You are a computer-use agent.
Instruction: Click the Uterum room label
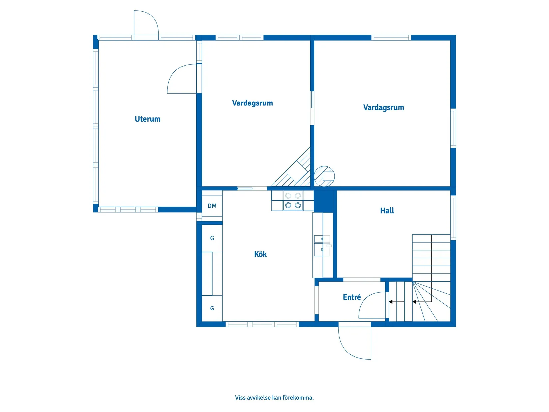pyautogui.click(x=147, y=119)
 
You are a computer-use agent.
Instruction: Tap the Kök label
pyautogui.click(x=260, y=254)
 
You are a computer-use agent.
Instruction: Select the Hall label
pyautogui.click(x=387, y=211)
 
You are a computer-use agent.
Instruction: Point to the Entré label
pyautogui.click(x=352, y=297)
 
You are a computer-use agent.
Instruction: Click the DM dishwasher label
pyautogui.click(x=212, y=206)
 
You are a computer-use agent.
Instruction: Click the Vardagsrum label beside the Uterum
pyautogui.click(x=252, y=103)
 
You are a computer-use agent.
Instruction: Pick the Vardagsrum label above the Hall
pyautogui.click(x=383, y=107)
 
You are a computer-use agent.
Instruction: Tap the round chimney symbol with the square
pyautogui.click(x=324, y=176)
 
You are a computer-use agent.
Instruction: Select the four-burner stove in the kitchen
pyautogui.click(x=293, y=201)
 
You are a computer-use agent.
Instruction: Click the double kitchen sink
pyautogui.click(x=322, y=246)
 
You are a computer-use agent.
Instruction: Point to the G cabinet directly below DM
pyautogui.click(x=212, y=238)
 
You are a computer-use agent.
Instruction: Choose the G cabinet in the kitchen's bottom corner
pyautogui.click(x=212, y=309)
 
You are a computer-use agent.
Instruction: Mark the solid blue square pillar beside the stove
pyautogui.click(x=324, y=201)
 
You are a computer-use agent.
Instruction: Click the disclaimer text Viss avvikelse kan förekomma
pyautogui.click(x=274, y=398)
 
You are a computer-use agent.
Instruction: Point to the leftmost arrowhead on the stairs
pyautogui.click(x=390, y=302)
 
